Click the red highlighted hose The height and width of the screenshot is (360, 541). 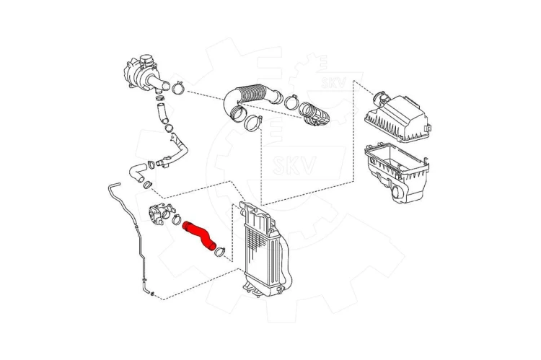(199, 235)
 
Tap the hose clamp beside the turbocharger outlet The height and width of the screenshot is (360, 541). (178, 88)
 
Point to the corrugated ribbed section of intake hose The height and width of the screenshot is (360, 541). (253, 92)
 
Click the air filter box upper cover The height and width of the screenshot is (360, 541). (397, 118)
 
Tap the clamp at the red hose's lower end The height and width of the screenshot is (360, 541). (219, 252)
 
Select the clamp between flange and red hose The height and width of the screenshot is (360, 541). (176, 218)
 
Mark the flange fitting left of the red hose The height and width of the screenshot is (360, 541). (158, 214)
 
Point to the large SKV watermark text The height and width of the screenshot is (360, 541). (294, 165)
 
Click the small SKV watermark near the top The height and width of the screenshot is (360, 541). (333, 82)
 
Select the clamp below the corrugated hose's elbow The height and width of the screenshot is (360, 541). (253, 123)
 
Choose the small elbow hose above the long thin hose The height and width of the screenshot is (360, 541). (137, 172)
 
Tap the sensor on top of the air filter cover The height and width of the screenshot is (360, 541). (381, 97)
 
